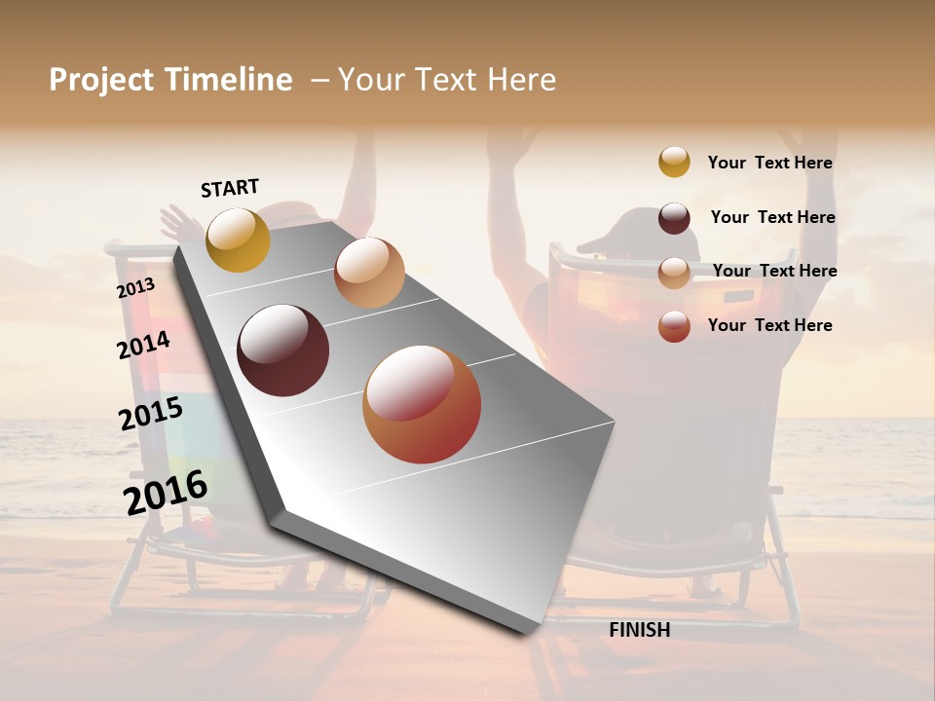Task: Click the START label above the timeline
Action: [230, 188]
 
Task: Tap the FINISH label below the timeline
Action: [639, 630]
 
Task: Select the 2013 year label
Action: [135, 287]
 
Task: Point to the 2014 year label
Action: [143, 345]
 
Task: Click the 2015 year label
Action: [150, 414]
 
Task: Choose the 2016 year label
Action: [166, 492]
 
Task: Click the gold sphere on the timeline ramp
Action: [238, 240]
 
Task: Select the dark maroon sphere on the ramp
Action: [282, 350]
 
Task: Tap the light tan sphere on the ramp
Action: [369, 273]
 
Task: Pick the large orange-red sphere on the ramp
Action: [422, 404]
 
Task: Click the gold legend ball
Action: [674, 162]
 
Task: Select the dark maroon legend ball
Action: [674, 218]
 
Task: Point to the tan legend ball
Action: [674, 273]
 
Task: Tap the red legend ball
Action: [674, 326]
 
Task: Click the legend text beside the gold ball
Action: [769, 163]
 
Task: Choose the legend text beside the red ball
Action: [769, 325]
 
